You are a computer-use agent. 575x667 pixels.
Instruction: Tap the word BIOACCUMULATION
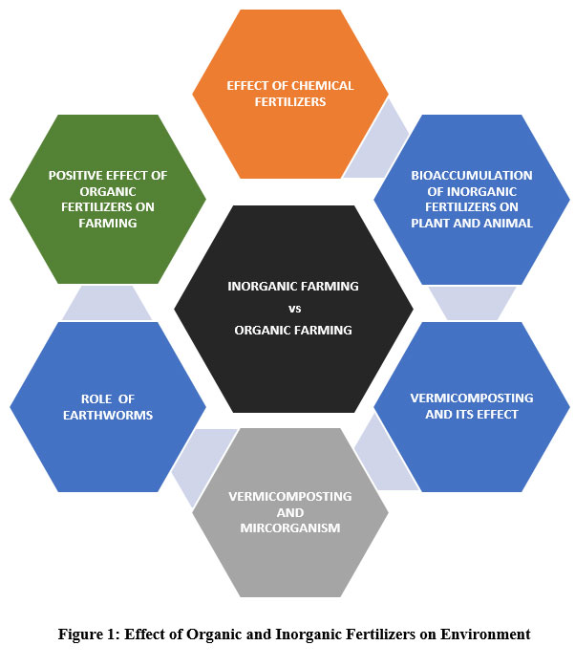coord(472,176)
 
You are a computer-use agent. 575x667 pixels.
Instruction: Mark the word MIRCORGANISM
coord(290,527)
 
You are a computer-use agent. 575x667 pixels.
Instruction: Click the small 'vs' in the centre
coord(293,308)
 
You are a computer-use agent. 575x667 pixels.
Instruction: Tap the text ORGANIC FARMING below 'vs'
coord(293,330)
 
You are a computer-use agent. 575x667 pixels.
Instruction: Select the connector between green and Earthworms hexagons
coord(107,304)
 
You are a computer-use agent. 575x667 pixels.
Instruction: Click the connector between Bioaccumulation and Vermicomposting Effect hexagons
coord(472,303)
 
